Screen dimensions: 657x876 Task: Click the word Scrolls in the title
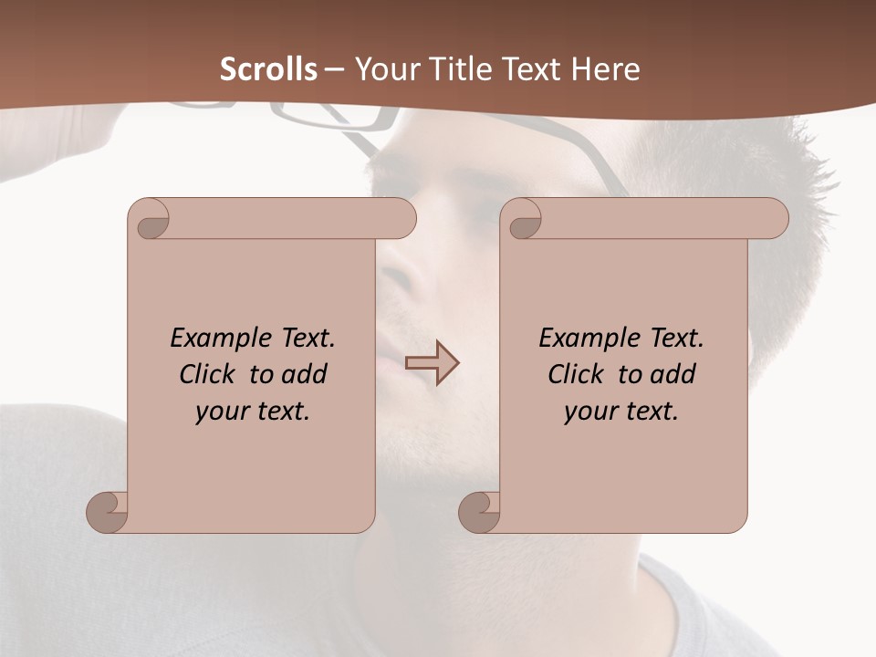[268, 69]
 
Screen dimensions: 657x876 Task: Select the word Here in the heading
[606, 69]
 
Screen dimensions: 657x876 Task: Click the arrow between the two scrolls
[432, 363]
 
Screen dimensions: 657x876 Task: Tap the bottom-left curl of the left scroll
[107, 511]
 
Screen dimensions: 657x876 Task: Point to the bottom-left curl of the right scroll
[479, 511]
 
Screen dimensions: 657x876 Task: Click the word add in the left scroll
[306, 375]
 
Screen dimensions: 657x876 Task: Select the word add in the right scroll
[674, 375]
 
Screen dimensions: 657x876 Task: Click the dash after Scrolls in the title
[334, 69]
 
